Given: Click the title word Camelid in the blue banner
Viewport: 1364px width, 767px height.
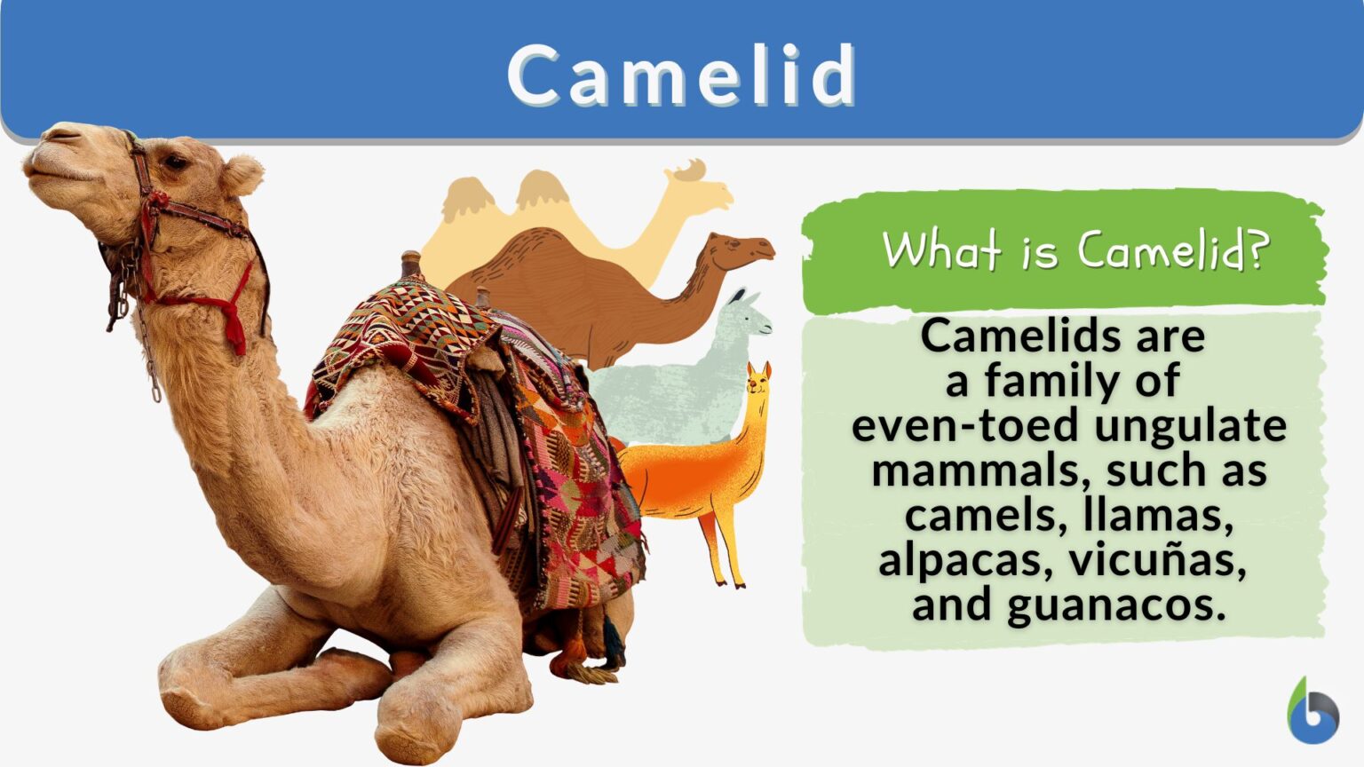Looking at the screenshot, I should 681,75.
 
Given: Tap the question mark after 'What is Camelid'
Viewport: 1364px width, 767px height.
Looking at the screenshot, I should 1255,251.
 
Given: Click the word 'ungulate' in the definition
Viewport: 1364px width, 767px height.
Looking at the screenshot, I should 1191,425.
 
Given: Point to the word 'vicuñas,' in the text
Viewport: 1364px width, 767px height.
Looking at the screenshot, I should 1158,559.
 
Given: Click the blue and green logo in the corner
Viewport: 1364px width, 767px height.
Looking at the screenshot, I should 1312,713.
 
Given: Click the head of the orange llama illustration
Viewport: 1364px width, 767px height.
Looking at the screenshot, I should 757,383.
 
